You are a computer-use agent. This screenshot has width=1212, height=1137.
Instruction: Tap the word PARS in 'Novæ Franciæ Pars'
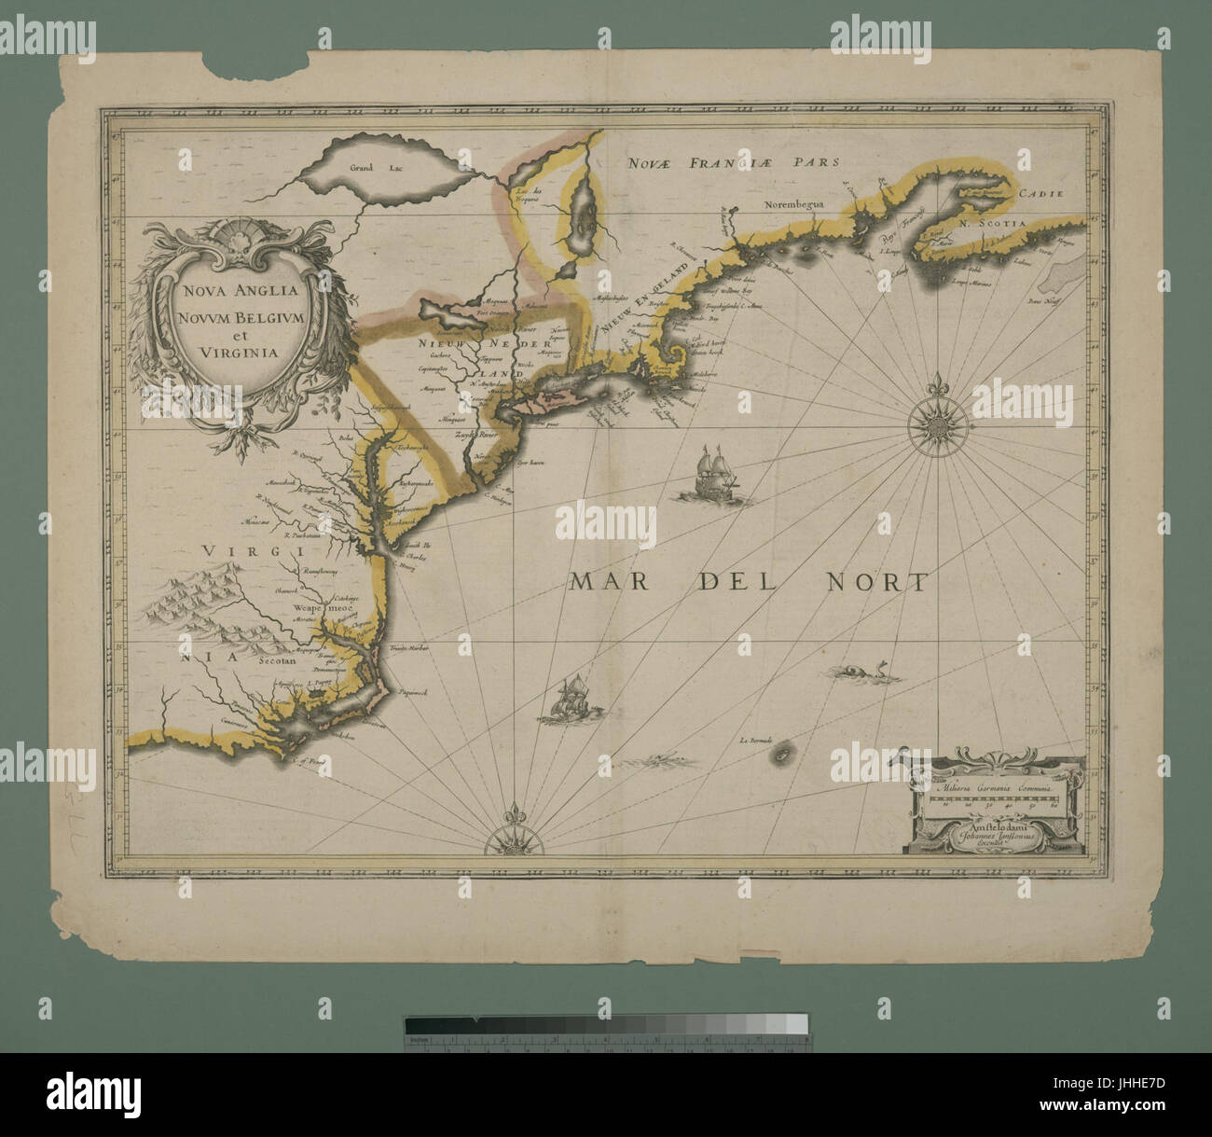click(x=810, y=161)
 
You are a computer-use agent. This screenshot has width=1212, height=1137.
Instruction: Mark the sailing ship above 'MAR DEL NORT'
click(x=713, y=471)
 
